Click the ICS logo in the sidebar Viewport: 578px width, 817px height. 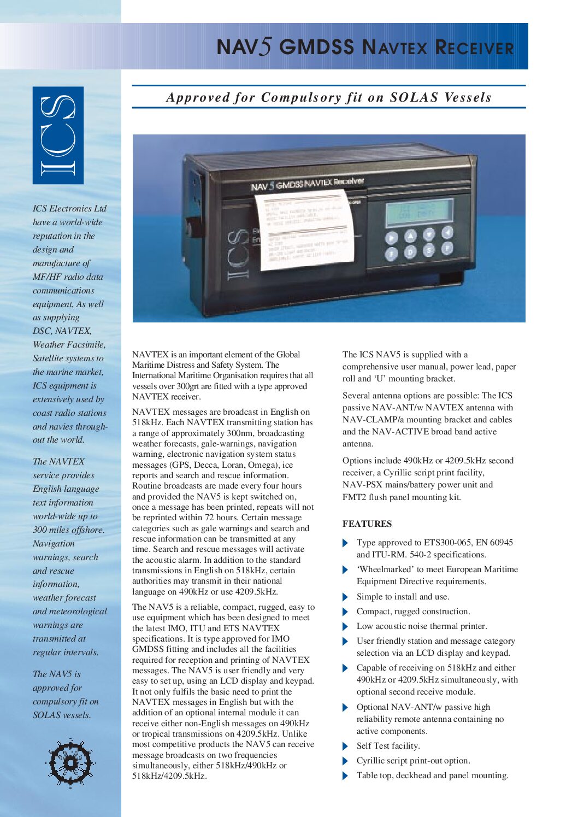click(58, 135)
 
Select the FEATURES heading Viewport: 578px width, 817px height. click(367, 524)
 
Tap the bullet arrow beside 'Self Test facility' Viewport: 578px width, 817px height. click(345, 746)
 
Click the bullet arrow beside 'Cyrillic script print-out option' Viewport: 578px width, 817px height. click(345, 761)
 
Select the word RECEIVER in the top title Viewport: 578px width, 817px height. click(474, 48)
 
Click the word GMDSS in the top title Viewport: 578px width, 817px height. click(316, 48)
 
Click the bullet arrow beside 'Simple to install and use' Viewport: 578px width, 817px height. click(345, 597)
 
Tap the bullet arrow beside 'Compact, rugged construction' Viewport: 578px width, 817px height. click(345, 612)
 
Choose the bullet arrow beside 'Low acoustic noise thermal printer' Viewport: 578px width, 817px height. click(345, 626)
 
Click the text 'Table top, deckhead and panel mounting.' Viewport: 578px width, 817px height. click(432, 775)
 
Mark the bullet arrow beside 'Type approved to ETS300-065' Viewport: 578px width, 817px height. click(345, 543)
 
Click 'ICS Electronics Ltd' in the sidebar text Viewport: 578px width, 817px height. click(69, 208)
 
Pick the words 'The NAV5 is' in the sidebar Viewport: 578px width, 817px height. click(56, 674)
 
